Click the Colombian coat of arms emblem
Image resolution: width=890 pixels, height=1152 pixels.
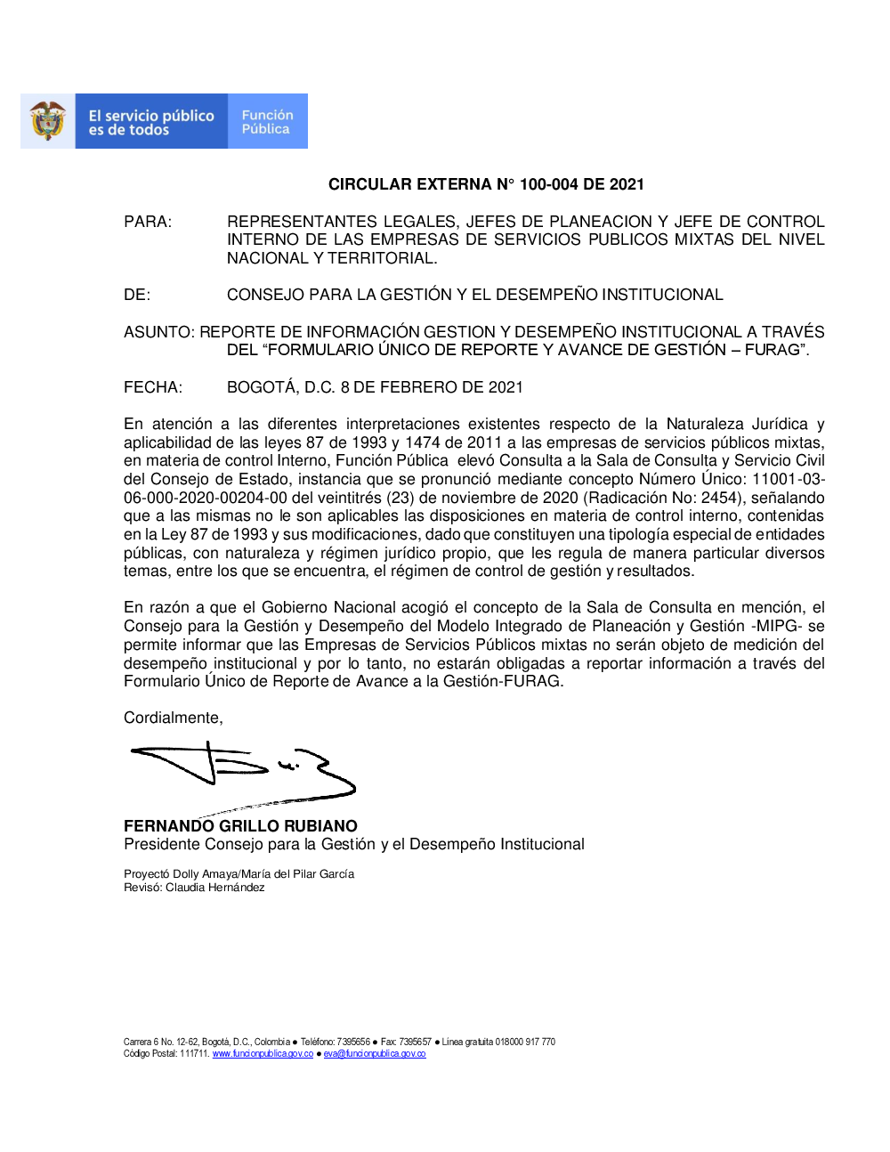(x=48, y=121)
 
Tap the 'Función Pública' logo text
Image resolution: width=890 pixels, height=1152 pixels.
(x=267, y=122)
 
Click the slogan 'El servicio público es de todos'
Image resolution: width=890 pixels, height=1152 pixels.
(x=151, y=123)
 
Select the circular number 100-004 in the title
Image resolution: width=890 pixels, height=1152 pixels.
(x=548, y=184)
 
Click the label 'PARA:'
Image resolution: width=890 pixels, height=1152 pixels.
(x=148, y=222)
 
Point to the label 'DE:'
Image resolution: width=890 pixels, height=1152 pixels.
(x=137, y=295)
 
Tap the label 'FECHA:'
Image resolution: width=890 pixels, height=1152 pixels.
(x=153, y=387)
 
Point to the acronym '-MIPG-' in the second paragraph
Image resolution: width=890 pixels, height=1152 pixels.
(x=777, y=626)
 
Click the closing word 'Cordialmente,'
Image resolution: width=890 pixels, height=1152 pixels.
(x=174, y=718)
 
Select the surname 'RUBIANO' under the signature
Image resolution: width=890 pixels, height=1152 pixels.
(x=320, y=826)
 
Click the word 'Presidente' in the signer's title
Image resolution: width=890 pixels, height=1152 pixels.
(x=162, y=844)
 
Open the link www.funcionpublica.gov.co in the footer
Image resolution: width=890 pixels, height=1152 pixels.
(x=263, y=1054)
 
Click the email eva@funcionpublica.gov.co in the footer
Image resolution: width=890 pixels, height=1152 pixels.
(x=375, y=1054)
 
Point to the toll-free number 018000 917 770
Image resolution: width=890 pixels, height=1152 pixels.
(x=525, y=1042)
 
